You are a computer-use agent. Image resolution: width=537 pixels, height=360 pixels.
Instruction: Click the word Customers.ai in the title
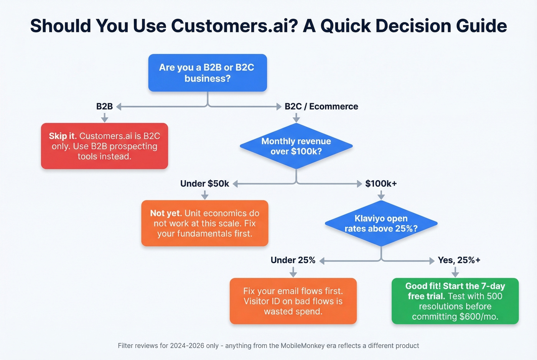[x=234, y=26]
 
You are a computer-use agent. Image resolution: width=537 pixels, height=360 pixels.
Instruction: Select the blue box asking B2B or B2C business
[x=208, y=73]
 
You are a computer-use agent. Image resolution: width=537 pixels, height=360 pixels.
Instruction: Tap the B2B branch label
[x=104, y=107]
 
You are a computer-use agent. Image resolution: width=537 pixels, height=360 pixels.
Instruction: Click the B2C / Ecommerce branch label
[x=321, y=107]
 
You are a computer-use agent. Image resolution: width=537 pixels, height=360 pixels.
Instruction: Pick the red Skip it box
[x=104, y=146]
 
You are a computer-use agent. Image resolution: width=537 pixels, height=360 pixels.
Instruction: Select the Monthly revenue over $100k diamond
[x=296, y=146]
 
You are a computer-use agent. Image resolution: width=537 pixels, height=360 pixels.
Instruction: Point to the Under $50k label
[x=204, y=184]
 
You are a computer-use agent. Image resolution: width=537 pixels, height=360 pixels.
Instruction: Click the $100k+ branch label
[x=381, y=184]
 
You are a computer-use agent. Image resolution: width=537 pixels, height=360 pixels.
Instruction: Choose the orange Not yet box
[x=204, y=223]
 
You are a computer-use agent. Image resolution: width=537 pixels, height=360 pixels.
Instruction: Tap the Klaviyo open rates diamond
[x=381, y=224]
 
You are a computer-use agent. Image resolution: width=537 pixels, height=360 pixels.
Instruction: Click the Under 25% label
[x=293, y=260]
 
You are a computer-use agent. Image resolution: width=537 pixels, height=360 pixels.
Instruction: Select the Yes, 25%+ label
[x=459, y=260]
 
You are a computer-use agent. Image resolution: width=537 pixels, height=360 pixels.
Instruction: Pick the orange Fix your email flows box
[x=293, y=301]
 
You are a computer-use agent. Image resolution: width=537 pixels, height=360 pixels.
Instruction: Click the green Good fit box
[x=455, y=301]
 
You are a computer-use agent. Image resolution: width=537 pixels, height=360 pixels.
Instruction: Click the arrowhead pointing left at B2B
[x=119, y=107]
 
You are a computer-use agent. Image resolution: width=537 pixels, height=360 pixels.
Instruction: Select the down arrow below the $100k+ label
[x=381, y=196]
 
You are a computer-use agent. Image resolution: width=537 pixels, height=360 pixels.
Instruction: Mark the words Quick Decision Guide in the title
[x=413, y=26]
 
